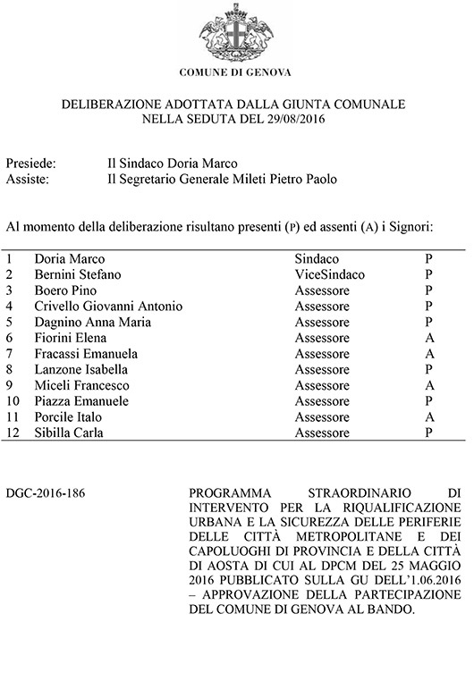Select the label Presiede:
coord(31,164)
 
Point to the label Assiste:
coord(27,180)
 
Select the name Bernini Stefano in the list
coord(77,274)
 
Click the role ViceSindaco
coord(330,274)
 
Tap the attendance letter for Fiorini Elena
coord(429,338)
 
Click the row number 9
coord(9,385)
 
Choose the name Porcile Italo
coord(68,417)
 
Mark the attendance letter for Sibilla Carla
coord(429,433)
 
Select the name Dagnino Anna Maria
coord(87,322)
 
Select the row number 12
coord(12,433)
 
